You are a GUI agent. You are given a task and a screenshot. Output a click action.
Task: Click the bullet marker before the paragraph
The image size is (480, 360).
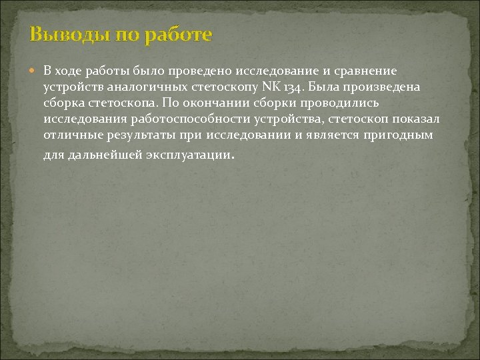pyautogui.click(x=35, y=71)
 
